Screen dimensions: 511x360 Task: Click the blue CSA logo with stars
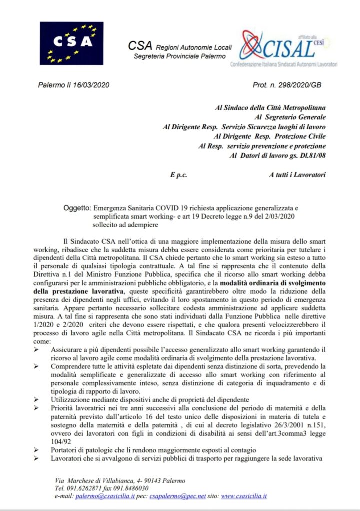pyautogui.click(x=71, y=43)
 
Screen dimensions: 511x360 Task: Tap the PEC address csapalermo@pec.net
pyautogui.click(x=180, y=496)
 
